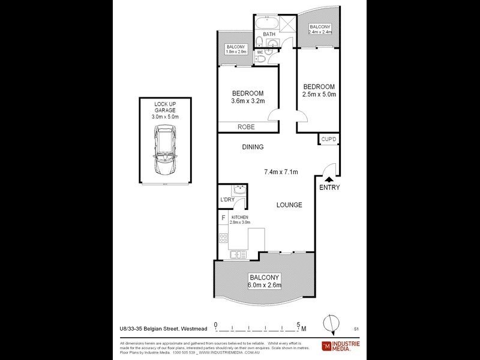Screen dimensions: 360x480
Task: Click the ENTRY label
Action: coord(329,188)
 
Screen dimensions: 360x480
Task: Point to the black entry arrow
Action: coord(329,178)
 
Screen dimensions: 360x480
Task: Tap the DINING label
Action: coord(253,147)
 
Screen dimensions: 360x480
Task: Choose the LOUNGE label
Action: coord(289,205)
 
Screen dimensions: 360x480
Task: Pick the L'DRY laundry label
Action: coord(227,199)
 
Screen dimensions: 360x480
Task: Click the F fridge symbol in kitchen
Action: coord(223,218)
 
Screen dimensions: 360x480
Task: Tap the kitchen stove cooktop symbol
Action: coord(223,239)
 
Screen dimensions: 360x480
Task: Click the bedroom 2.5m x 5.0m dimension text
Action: coord(319,94)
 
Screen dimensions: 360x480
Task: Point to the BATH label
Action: coord(269,35)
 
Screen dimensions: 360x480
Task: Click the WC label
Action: coord(260,53)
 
